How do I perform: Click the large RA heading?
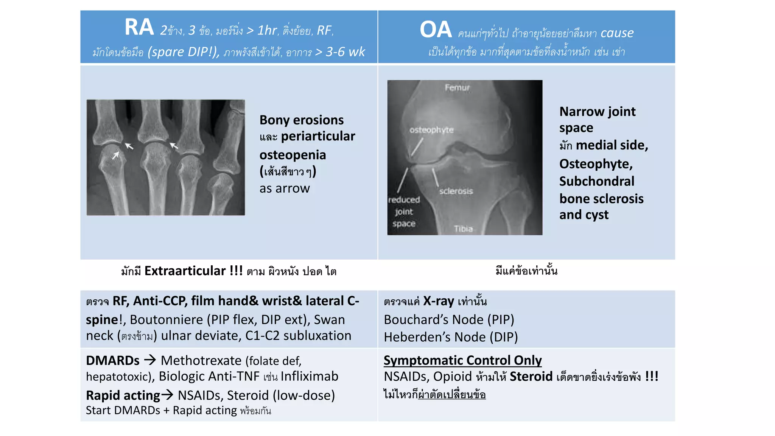click(x=139, y=28)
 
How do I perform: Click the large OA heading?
click(x=436, y=30)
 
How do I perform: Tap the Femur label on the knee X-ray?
click(x=457, y=88)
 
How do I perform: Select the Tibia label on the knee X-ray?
click(x=463, y=229)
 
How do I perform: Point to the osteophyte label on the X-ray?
click(x=431, y=130)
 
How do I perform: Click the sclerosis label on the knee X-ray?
click(x=456, y=191)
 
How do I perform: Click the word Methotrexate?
click(x=201, y=361)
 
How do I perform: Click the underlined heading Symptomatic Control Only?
click(x=462, y=360)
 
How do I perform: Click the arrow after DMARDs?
click(x=150, y=360)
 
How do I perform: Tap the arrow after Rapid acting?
click(x=167, y=395)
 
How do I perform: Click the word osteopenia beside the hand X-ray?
click(x=293, y=155)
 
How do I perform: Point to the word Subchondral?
click(x=597, y=181)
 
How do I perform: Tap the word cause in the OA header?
click(x=617, y=33)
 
